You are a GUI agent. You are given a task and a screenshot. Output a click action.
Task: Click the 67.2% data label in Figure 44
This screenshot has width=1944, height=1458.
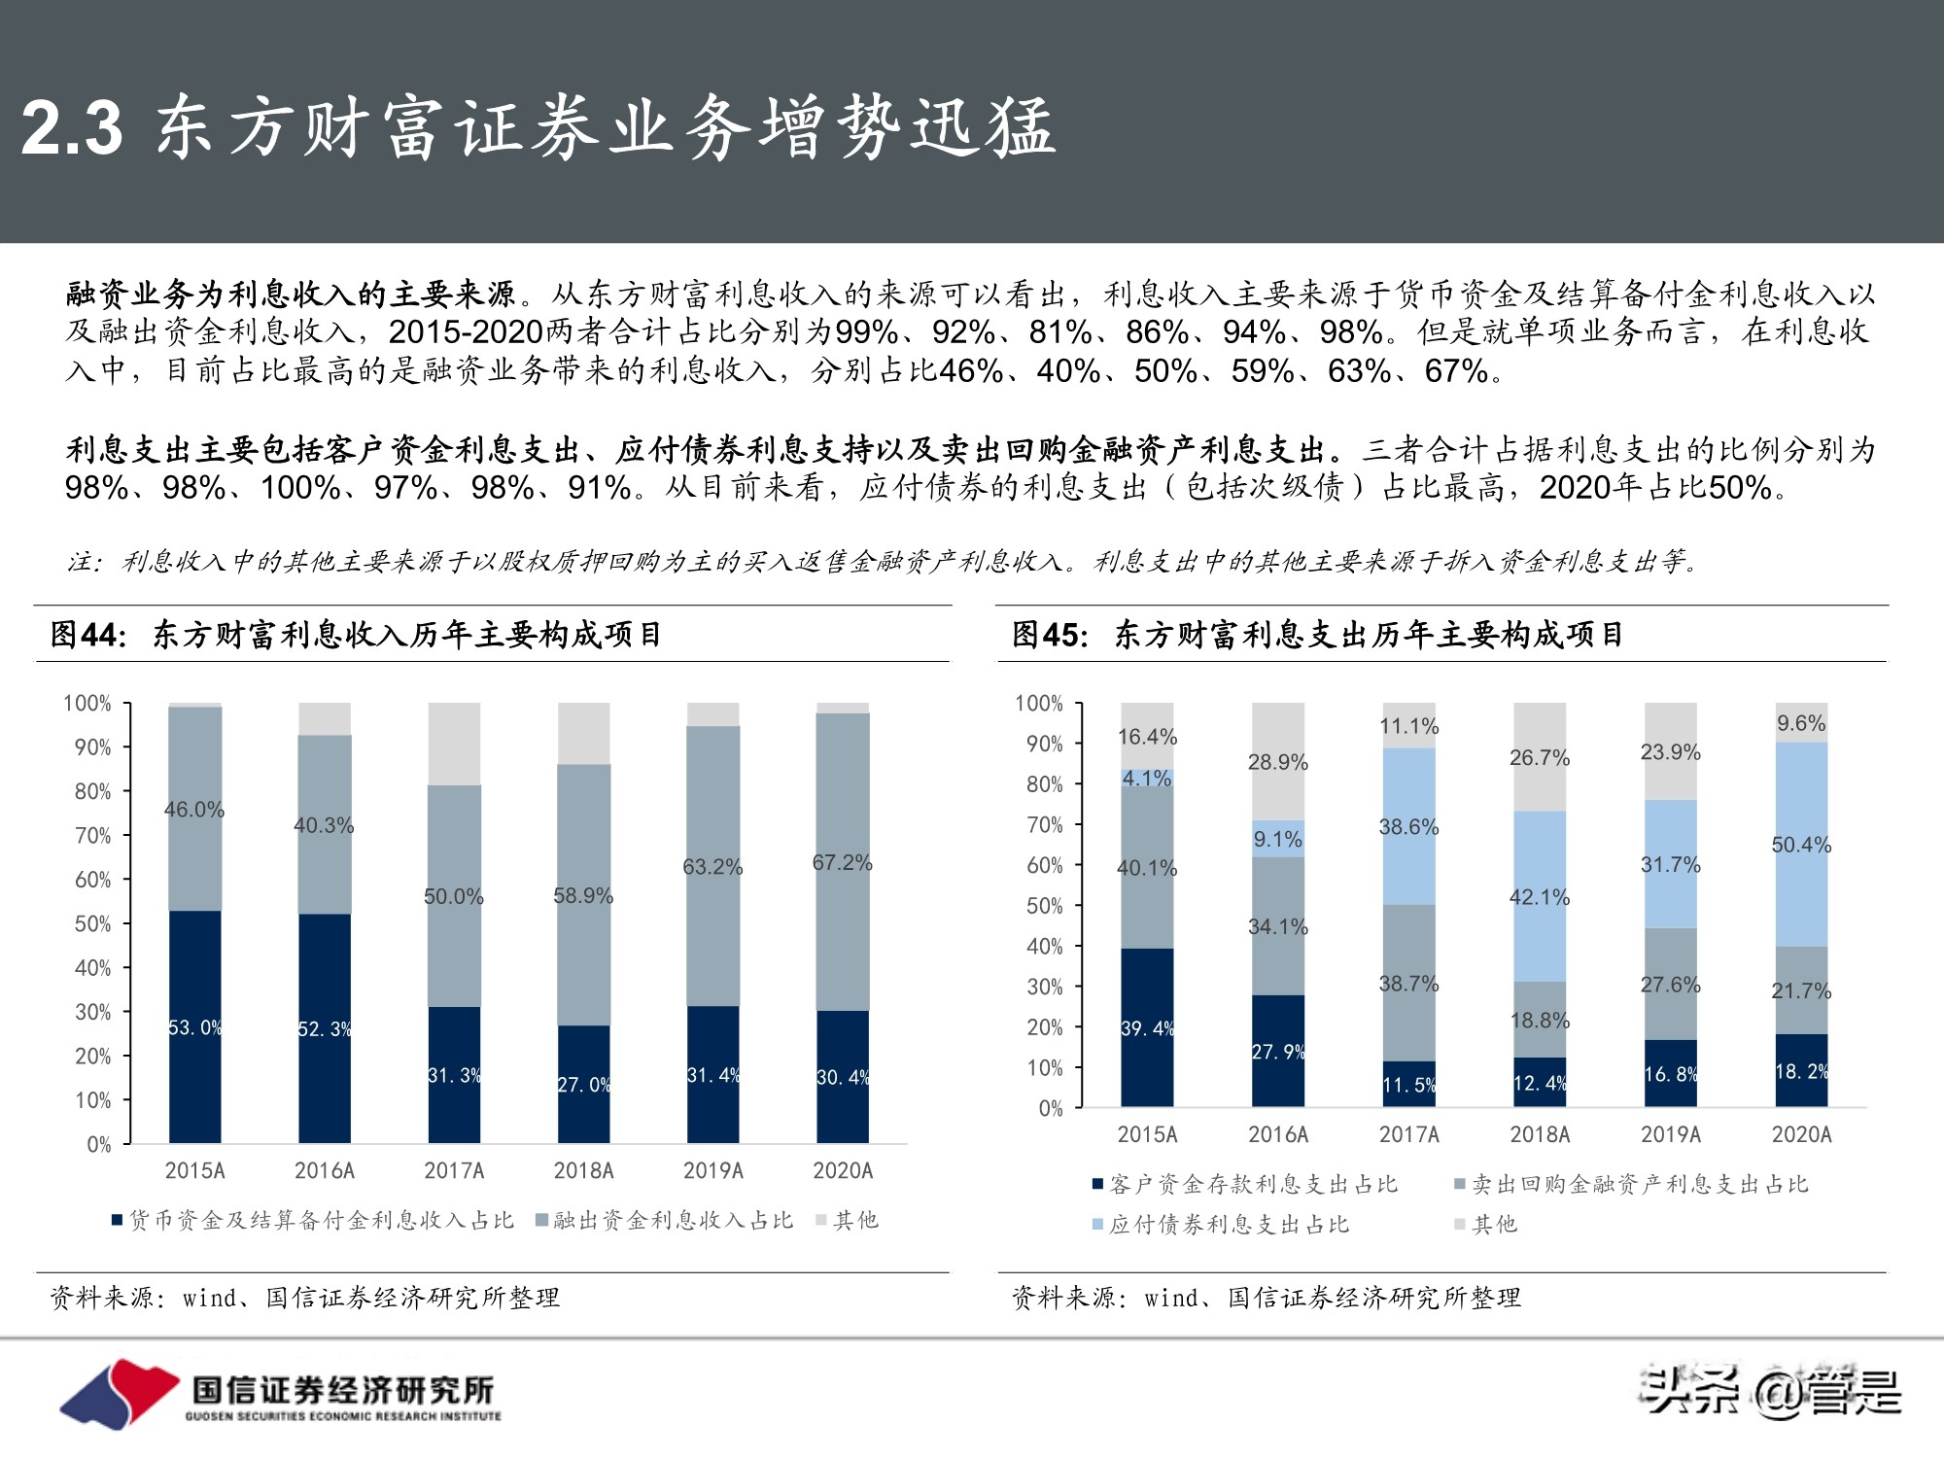842,863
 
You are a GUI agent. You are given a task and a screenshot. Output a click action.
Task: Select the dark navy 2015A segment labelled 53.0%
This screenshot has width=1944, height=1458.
194,1026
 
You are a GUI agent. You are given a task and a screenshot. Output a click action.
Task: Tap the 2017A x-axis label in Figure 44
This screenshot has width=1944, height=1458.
454,1170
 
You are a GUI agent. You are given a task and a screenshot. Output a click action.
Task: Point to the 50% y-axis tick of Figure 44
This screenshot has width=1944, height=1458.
93,923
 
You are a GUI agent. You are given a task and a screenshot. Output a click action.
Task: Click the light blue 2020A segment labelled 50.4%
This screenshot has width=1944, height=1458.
1801,845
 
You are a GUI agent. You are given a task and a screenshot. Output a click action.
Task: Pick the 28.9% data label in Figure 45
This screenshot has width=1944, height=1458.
1277,762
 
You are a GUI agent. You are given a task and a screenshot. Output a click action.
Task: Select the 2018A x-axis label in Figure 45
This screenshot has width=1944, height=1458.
1540,1134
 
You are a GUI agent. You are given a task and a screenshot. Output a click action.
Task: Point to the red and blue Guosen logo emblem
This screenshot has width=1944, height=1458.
119,1393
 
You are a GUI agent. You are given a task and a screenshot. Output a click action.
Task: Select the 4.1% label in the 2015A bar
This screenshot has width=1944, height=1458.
1147,779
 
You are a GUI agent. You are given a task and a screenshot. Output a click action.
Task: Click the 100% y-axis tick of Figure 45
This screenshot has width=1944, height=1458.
1039,703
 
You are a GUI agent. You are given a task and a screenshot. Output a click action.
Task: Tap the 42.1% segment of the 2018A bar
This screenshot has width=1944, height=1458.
1540,896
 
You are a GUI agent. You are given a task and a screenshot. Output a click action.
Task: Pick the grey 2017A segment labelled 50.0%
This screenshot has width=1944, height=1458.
454,895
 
